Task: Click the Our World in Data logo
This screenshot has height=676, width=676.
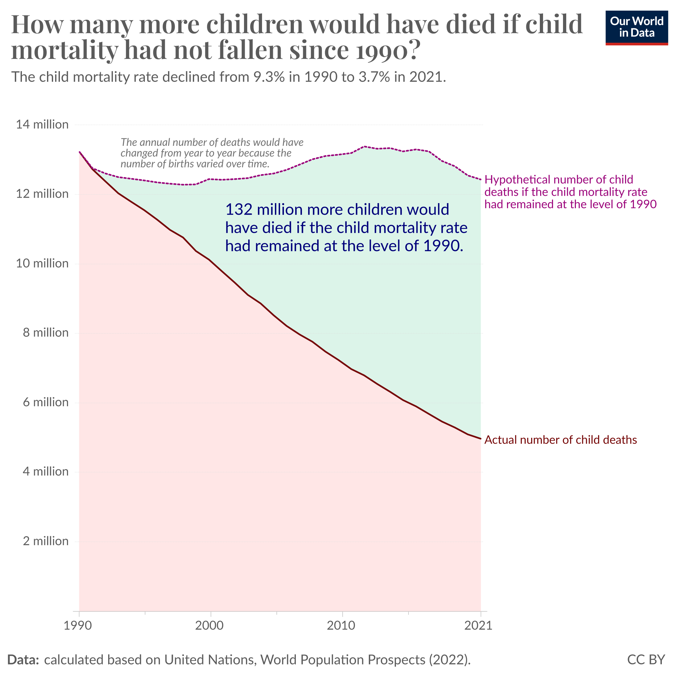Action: (x=636, y=28)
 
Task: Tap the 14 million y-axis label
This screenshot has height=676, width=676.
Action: (x=42, y=125)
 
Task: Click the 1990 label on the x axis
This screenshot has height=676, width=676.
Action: (x=79, y=625)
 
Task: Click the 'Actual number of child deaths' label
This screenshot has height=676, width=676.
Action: (x=560, y=440)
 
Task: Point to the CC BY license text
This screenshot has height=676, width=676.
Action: (x=646, y=660)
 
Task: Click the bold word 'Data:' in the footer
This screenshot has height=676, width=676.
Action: (x=23, y=660)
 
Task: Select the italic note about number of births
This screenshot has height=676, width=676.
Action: (x=212, y=153)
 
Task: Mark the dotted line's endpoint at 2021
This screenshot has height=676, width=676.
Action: (x=481, y=180)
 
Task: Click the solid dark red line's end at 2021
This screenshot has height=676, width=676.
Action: (x=481, y=438)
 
